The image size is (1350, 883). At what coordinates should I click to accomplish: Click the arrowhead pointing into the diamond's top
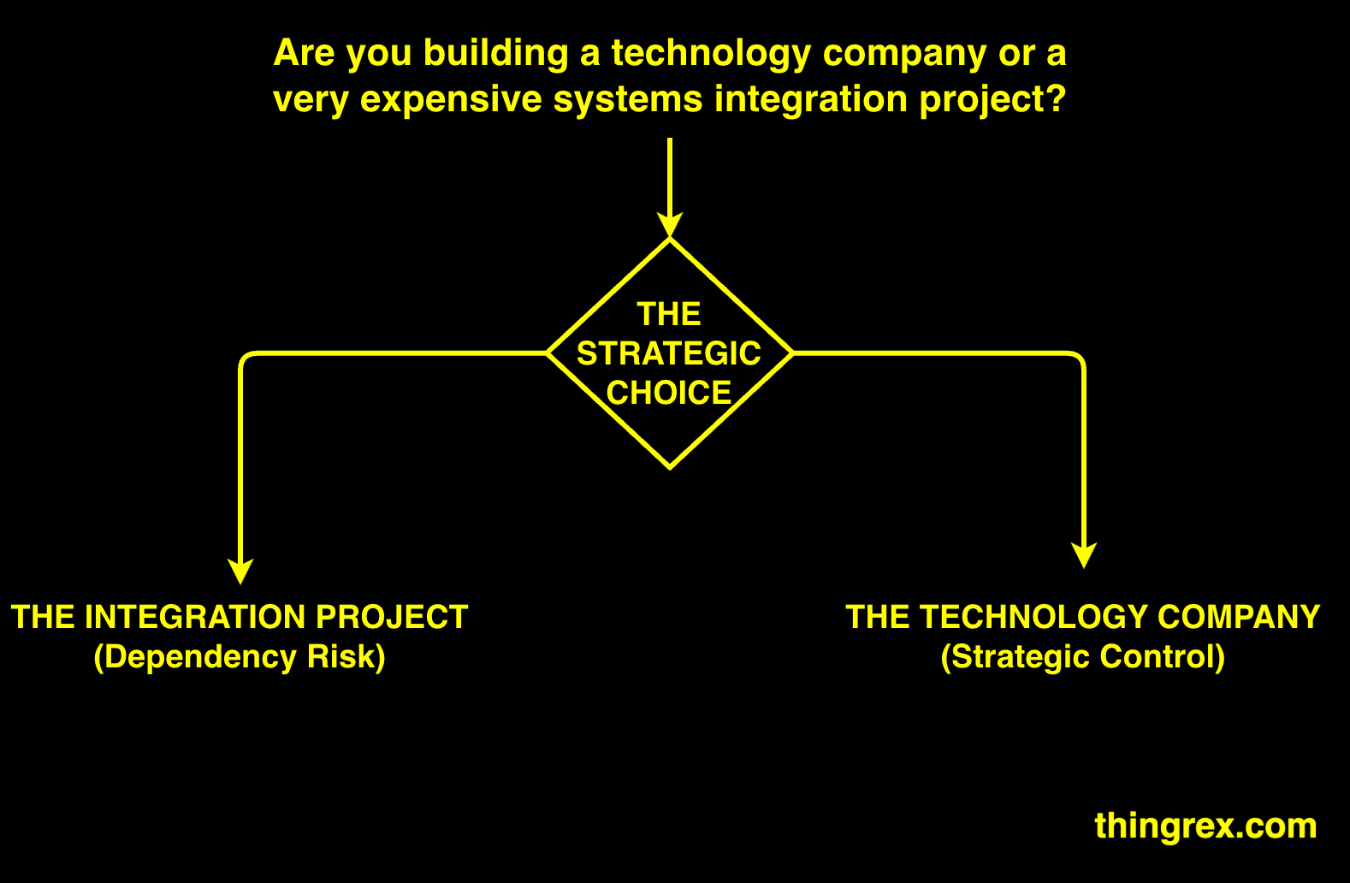tap(670, 226)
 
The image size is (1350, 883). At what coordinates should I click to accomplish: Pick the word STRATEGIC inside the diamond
tap(669, 353)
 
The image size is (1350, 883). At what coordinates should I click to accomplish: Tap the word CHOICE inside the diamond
tap(669, 393)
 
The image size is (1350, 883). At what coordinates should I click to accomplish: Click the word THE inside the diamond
tap(669, 314)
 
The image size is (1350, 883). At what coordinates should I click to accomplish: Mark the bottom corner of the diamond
tap(670, 467)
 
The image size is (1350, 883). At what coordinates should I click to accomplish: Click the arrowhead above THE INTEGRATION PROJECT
tap(240, 572)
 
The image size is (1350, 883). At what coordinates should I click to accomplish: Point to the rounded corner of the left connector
tap(246, 358)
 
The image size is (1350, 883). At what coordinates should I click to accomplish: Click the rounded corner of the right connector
tap(1079, 358)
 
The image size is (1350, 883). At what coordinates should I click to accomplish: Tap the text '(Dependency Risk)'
tap(240, 657)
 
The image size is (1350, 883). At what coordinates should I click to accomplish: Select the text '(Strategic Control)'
tap(1083, 657)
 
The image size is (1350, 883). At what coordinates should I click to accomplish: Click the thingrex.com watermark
tap(1205, 826)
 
